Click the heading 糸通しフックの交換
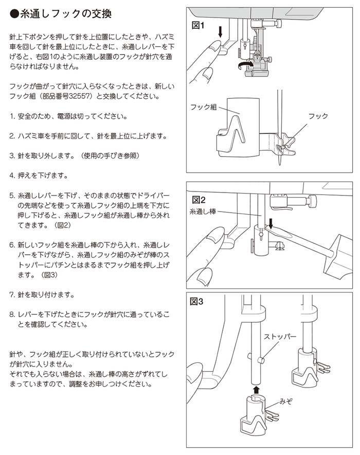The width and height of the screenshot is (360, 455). pos(65,13)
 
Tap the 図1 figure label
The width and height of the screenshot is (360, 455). pos(198,25)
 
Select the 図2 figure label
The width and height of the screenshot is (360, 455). pos(199,200)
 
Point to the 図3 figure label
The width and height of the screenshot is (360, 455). pos(196,302)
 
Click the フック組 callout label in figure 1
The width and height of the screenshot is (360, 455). pos(204,107)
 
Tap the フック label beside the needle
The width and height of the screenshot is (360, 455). pos(318,116)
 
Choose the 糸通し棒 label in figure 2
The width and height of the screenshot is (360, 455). pos(203,212)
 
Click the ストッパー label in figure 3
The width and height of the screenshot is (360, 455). pos(280,337)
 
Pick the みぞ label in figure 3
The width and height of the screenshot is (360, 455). pos(286,401)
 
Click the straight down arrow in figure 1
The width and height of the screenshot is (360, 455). pos(220,32)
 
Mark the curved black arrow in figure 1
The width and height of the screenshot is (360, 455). pos(243,65)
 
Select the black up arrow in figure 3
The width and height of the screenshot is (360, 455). pos(256,389)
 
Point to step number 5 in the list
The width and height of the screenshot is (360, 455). pos(12,196)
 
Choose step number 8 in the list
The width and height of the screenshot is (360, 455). pos(12,314)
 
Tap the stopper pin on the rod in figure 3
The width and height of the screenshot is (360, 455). pos(260,360)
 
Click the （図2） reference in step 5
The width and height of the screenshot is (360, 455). pos(63,225)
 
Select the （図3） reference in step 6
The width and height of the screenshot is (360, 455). pos(49,274)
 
